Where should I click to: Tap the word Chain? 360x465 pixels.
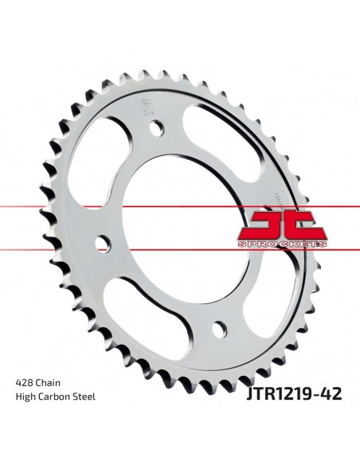click(x=48, y=383)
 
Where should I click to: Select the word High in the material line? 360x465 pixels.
click(x=25, y=397)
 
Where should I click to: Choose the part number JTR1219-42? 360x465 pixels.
click(x=294, y=393)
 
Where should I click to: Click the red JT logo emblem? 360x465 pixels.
click(x=283, y=225)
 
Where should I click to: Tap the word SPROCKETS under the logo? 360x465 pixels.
click(x=283, y=244)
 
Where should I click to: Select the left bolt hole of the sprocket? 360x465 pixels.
click(x=104, y=243)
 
